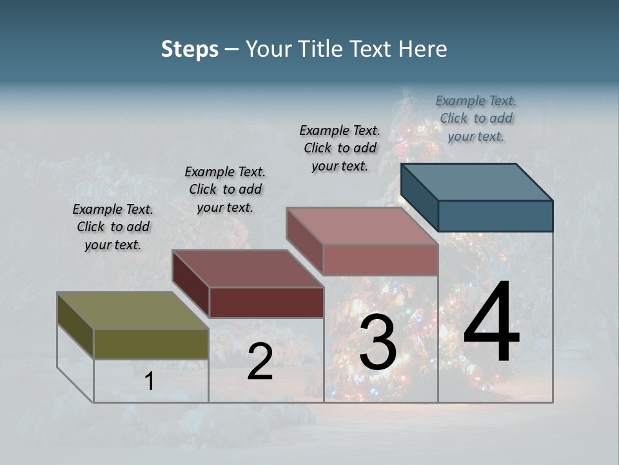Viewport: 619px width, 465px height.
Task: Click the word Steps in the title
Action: pyautogui.click(x=190, y=49)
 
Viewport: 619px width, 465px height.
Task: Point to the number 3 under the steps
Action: pyautogui.click(x=377, y=343)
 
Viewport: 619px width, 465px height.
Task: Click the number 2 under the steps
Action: pyautogui.click(x=260, y=362)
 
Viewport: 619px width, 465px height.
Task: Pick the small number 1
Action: pyautogui.click(x=150, y=382)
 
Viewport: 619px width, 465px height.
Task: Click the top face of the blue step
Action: pyautogui.click(x=477, y=181)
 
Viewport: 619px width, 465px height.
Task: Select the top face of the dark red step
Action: pyautogui.click(x=248, y=269)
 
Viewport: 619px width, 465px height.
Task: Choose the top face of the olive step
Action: pyautogui.click(x=133, y=311)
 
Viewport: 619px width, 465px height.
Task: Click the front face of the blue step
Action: pyautogui.click(x=495, y=216)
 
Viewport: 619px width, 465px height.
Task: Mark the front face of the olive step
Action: pyautogui.click(x=151, y=344)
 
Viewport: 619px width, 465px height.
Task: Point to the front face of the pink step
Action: pyautogui.click(x=380, y=260)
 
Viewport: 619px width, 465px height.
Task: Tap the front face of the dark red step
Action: pyautogui.click(x=266, y=302)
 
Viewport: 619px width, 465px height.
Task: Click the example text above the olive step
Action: pyautogui.click(x=113, y=227)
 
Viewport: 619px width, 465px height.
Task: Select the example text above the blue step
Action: pyautogui.click(x=476, y=118)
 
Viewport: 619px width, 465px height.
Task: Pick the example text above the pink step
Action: pyautogui.click(x=340, y=148)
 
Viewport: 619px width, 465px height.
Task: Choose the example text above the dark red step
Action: pyautogui.click(x=225, y=189)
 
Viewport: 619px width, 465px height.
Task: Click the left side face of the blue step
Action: pyautogui.click(x=420, y=197)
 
